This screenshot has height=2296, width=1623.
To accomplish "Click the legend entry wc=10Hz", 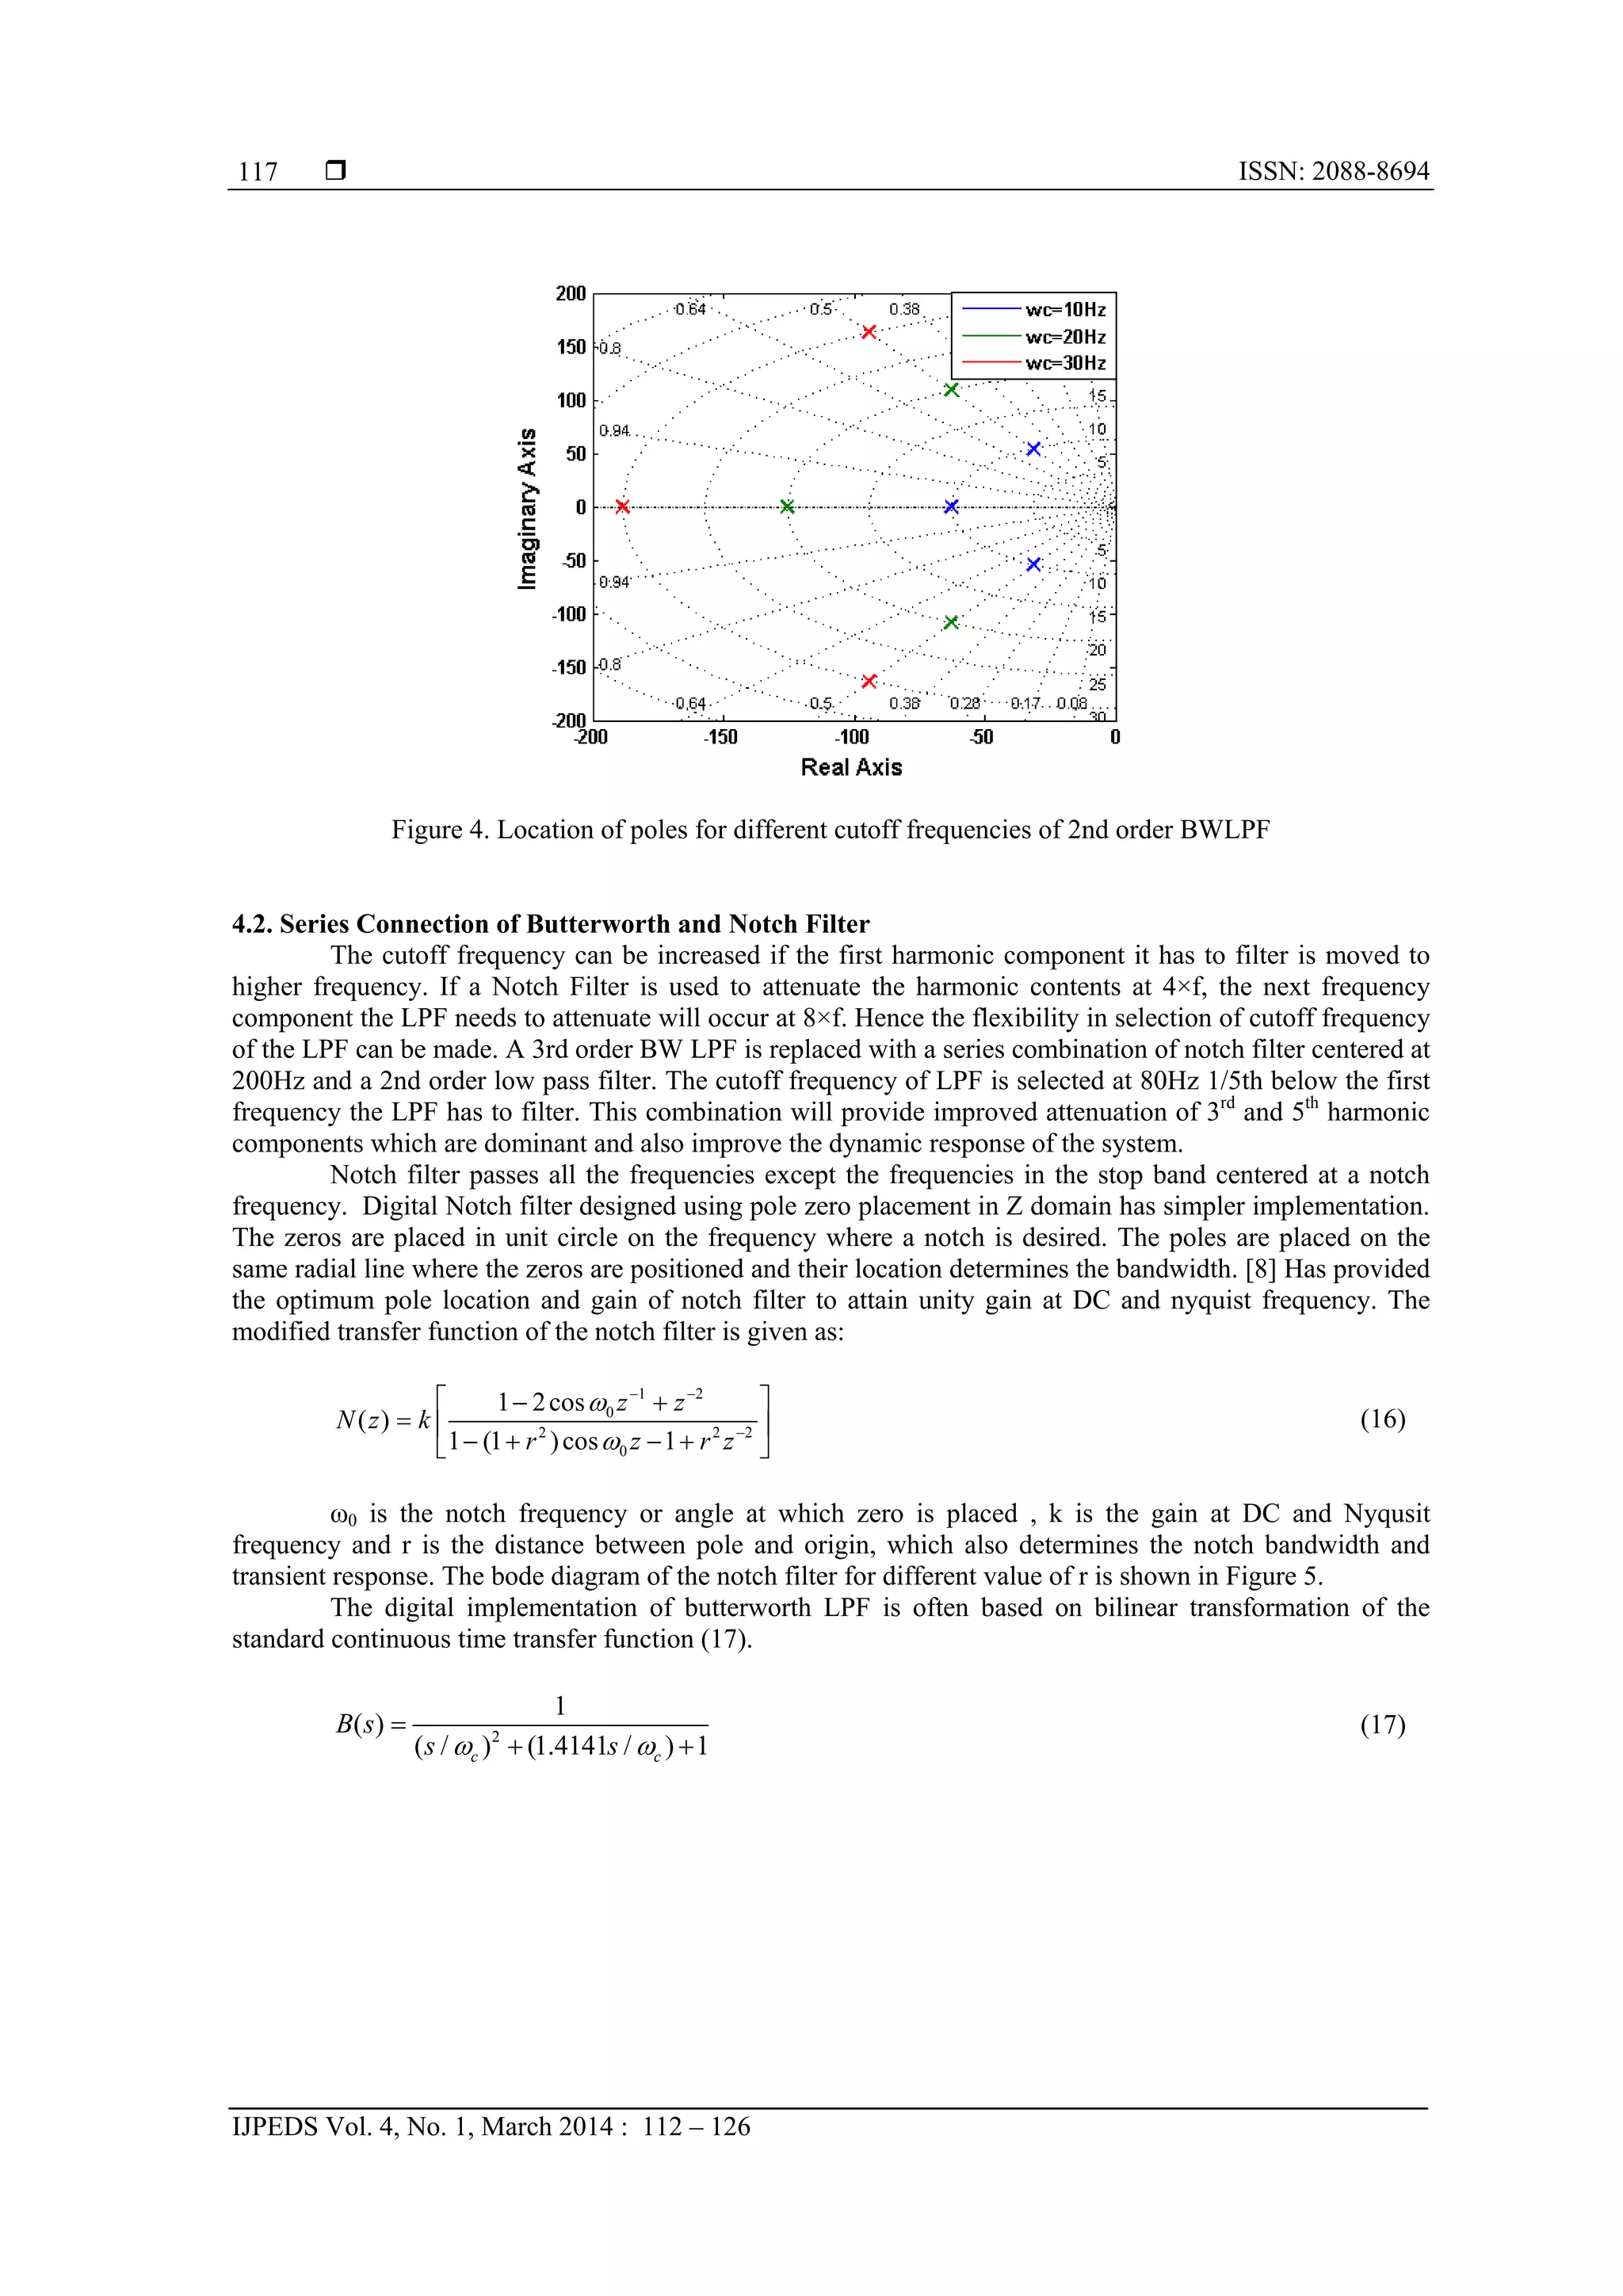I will (1064, 310).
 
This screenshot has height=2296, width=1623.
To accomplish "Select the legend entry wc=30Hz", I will (1064, 363).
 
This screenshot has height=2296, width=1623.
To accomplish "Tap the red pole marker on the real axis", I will (622, 507).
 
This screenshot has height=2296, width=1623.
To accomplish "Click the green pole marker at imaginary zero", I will (787, 507).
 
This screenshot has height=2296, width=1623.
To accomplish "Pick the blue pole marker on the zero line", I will (951, 507).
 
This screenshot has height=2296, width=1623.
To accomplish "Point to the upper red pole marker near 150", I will (869, 332).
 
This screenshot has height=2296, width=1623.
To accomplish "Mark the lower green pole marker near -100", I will (951, 623).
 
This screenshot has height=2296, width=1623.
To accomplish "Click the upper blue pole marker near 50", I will (1034, 449).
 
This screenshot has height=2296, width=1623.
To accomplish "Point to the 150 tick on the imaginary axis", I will (571, 347).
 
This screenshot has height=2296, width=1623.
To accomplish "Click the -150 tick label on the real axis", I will (720, 738).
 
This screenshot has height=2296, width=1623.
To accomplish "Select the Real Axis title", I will (851, 767).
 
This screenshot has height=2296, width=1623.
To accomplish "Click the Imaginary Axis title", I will (527, 508).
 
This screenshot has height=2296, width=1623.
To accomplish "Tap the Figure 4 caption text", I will (830, 830).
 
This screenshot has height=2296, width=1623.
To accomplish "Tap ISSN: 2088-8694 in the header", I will (1333, 171).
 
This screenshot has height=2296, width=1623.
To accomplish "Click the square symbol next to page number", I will (336, 171).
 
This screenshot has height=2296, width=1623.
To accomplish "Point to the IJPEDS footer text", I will (490, 2126).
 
